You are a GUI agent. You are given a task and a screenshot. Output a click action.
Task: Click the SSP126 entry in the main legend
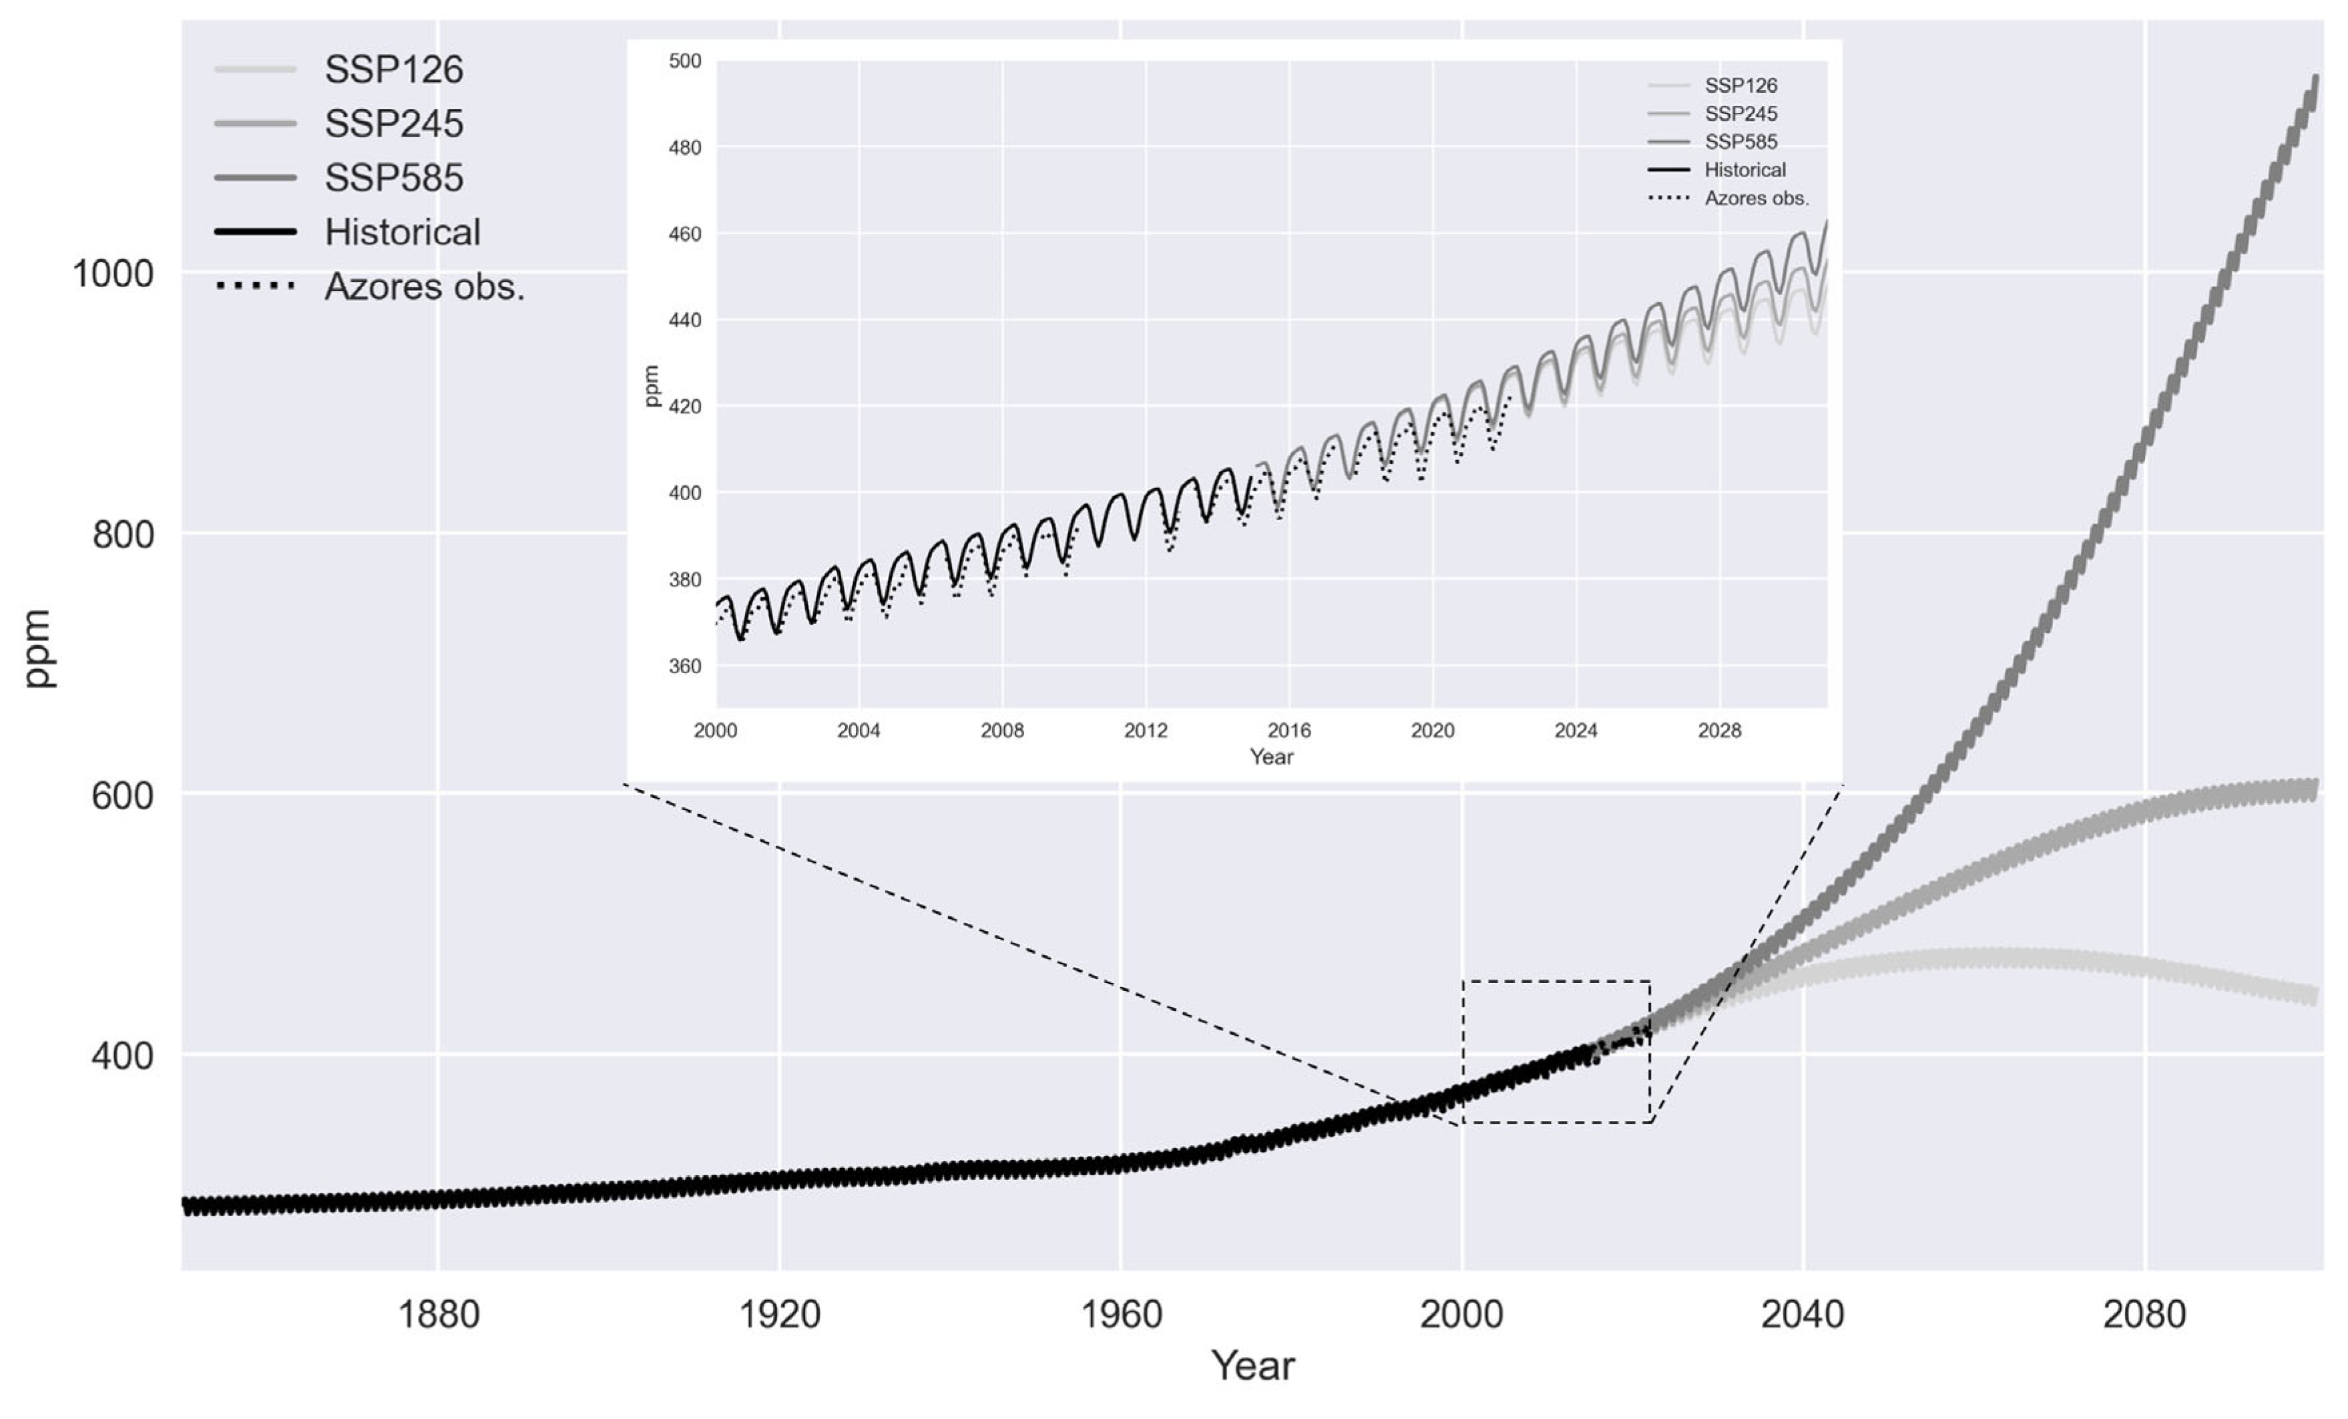(x=393, y=69)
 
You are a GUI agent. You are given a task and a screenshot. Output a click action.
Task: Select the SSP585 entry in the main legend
(x=393, y=178)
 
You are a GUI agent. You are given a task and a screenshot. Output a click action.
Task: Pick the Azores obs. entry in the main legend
(x=424, y=287)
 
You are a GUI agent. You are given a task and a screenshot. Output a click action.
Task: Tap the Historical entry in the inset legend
(x=1744, y=170)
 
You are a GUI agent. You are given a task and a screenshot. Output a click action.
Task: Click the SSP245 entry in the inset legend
(x=1740, y=114)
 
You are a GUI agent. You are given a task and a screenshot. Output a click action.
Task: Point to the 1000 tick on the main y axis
(x=112, y=274)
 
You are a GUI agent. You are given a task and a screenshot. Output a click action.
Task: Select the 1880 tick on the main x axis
(x=437, y=1315)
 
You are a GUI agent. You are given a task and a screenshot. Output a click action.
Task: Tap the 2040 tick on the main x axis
(x=1802, y=1315)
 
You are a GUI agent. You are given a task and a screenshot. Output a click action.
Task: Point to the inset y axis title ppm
(x=652, y=386)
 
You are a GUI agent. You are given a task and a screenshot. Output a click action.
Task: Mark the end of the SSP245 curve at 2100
(x=2315, y=789)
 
